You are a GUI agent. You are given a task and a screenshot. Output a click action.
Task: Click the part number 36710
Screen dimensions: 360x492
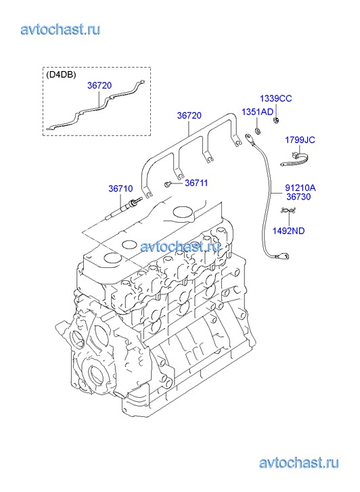[120, 189]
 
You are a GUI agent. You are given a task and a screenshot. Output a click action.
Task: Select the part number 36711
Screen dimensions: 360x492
[196, 183]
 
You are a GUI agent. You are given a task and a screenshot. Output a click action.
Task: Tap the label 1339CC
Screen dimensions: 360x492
[275, 99]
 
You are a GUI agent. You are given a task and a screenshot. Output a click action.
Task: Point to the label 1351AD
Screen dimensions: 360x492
[257, 112]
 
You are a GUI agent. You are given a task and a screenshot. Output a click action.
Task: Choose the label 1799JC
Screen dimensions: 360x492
[300, 139]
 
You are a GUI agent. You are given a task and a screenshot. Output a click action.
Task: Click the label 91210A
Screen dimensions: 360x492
[300, 187]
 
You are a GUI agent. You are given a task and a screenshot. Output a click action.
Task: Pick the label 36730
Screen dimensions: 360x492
[298, 197]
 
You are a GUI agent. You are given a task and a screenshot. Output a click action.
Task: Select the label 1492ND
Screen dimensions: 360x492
[288, 231]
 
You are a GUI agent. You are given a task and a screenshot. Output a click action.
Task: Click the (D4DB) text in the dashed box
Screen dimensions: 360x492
[61, 75]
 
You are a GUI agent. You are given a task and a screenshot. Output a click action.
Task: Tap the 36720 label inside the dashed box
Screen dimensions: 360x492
[99, 85]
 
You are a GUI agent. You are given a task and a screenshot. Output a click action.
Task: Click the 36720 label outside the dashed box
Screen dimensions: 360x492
[189, 116]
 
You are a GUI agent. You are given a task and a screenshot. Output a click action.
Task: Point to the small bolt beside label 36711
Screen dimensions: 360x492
[167, 184]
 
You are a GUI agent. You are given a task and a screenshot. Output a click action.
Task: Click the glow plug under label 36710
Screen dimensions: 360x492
[124, 207]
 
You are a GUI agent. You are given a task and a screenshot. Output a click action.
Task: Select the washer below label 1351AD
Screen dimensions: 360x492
[258, 130]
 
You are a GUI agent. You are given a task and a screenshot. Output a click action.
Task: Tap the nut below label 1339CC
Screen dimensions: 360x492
[276, 120]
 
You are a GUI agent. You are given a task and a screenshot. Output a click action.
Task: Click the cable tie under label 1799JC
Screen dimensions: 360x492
[295, 159]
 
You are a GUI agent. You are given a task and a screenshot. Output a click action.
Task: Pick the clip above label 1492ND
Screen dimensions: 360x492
[288, 210]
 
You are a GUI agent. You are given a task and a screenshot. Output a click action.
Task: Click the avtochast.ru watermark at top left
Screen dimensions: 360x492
[60, 30]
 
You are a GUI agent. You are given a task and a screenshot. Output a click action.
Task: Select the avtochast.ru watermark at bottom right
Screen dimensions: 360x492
[298, 463]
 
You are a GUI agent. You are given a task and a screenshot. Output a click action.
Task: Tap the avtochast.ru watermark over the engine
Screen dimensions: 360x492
[180, 246]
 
